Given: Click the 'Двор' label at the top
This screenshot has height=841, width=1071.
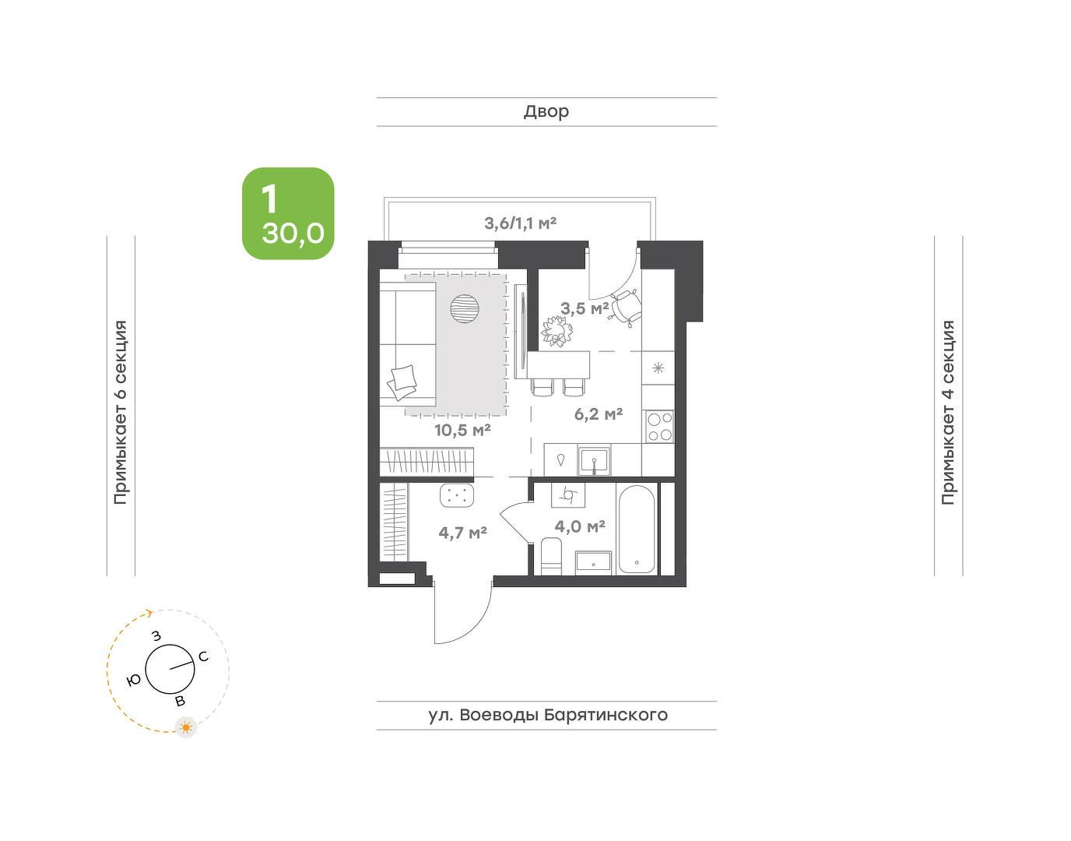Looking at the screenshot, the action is [546, 112].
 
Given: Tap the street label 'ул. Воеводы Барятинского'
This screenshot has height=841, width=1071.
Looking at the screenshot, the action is [548, 715].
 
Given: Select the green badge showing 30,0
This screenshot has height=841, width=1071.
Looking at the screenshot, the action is [288, 213].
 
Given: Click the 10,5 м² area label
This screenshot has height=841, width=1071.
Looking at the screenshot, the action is [462, 431].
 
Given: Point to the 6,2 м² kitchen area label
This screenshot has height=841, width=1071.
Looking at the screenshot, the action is [599, 414].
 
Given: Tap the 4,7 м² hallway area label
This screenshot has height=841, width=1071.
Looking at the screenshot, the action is [463, 533].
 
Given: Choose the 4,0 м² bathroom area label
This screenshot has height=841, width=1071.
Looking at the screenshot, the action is [580, 526].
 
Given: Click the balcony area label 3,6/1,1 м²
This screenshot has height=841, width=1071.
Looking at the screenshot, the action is [520, 223].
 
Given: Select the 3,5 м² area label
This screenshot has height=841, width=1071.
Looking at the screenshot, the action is [585, 309].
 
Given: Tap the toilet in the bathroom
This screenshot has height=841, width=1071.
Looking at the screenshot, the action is [552, 556].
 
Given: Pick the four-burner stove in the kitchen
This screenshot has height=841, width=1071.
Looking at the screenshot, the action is [660, 427].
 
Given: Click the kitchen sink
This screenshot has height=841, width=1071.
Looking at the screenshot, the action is [595, 461].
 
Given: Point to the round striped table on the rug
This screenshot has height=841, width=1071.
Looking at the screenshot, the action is [464, 308].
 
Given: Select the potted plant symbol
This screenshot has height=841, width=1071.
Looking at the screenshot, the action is [557, 331].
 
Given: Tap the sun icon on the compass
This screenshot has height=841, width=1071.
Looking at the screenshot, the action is [186, 727].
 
